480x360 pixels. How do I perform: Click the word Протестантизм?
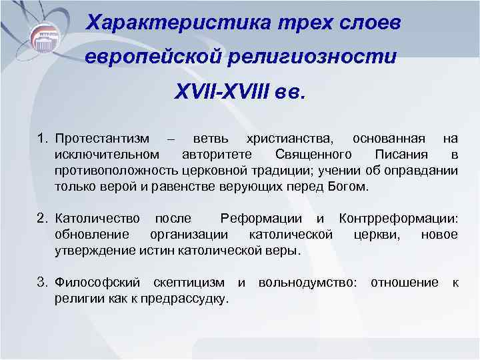pyautogui.click(x=103, y=139)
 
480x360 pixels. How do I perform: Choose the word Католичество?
pyautogui.click(x=98, y=218)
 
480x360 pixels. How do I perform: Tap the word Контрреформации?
pyautogui.click(x=398, y=218)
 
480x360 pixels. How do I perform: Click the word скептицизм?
pyautogui.click(x=189, y=283)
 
